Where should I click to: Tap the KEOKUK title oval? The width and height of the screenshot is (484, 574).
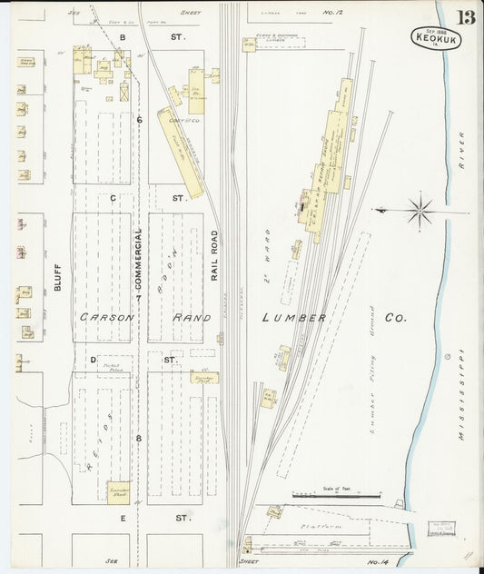click(437, 38)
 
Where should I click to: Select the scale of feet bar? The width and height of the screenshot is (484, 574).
click(335, 495)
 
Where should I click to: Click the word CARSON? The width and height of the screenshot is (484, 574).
click(106, 318)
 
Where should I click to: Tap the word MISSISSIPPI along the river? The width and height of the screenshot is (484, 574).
click(460, 395)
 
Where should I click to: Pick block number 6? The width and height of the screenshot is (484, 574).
click(139, 119)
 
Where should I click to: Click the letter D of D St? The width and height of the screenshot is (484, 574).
click(93, 360)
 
